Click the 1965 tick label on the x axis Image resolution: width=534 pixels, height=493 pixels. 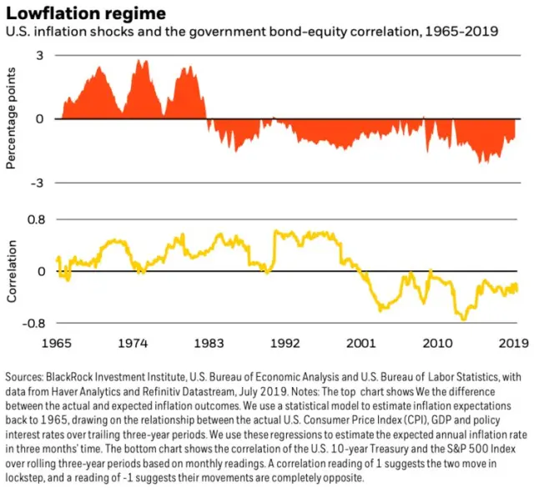coord(57,341)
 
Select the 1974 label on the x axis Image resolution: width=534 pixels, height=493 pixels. coord(133,341)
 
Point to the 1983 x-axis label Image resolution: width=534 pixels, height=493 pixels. coord(209,341)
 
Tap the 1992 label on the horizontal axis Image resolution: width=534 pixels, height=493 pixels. coord(285,341)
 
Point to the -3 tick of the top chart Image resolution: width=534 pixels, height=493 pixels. coord(36,183)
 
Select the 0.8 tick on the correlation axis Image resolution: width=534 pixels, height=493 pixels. coord(34,220)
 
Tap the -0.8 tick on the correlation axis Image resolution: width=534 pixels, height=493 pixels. coord(32,323)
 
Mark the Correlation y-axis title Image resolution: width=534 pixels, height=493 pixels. coord(11,272)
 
